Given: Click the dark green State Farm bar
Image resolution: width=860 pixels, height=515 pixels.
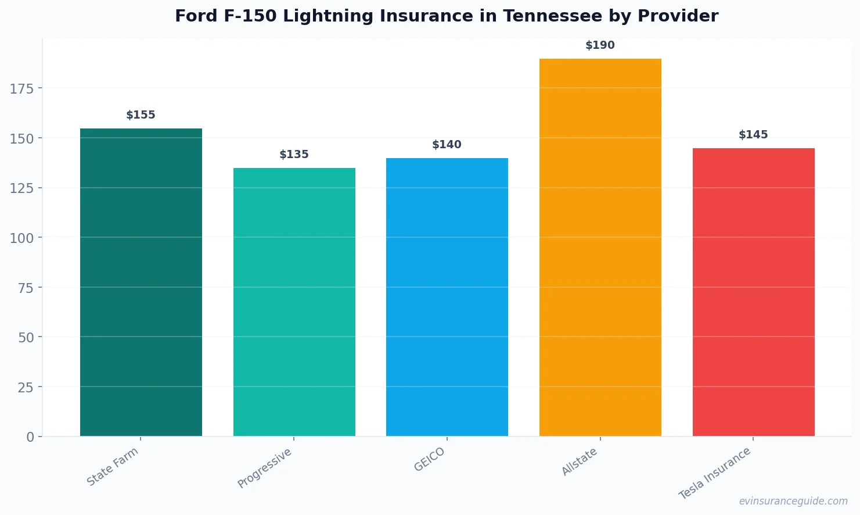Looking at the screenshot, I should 141,282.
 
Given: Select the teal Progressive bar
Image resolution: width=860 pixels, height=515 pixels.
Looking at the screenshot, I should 294,302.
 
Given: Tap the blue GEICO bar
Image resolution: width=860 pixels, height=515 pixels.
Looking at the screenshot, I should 447,296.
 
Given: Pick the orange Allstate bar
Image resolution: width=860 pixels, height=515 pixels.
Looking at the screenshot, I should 600,247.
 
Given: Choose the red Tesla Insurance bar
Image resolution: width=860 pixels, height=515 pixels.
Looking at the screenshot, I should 753,292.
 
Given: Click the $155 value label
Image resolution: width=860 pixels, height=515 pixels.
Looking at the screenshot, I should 141,115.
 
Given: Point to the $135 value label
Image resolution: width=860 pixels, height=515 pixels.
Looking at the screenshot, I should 294,155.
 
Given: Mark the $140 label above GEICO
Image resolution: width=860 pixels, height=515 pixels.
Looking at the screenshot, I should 447,145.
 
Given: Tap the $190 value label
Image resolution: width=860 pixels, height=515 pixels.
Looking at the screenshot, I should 600,45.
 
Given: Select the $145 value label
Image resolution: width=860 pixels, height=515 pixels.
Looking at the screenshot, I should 753,135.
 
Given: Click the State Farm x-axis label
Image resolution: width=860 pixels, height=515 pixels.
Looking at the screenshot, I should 113,466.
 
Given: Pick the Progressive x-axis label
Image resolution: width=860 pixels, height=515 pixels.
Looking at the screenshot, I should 265,468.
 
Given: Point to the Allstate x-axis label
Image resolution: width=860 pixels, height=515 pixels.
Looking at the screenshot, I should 580,462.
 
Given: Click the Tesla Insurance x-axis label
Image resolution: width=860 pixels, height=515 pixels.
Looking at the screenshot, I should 715,473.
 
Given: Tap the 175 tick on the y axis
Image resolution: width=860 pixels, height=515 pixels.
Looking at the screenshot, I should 21,88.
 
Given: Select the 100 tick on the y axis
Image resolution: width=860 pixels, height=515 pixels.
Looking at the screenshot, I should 21,238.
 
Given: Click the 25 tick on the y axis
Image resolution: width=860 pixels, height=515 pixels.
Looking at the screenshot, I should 26,387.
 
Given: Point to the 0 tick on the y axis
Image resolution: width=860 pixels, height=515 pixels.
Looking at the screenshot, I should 30,437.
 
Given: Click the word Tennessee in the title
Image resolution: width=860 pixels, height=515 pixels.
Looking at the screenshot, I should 548,16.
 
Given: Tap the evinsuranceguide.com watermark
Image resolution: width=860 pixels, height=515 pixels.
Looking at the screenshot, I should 793,501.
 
